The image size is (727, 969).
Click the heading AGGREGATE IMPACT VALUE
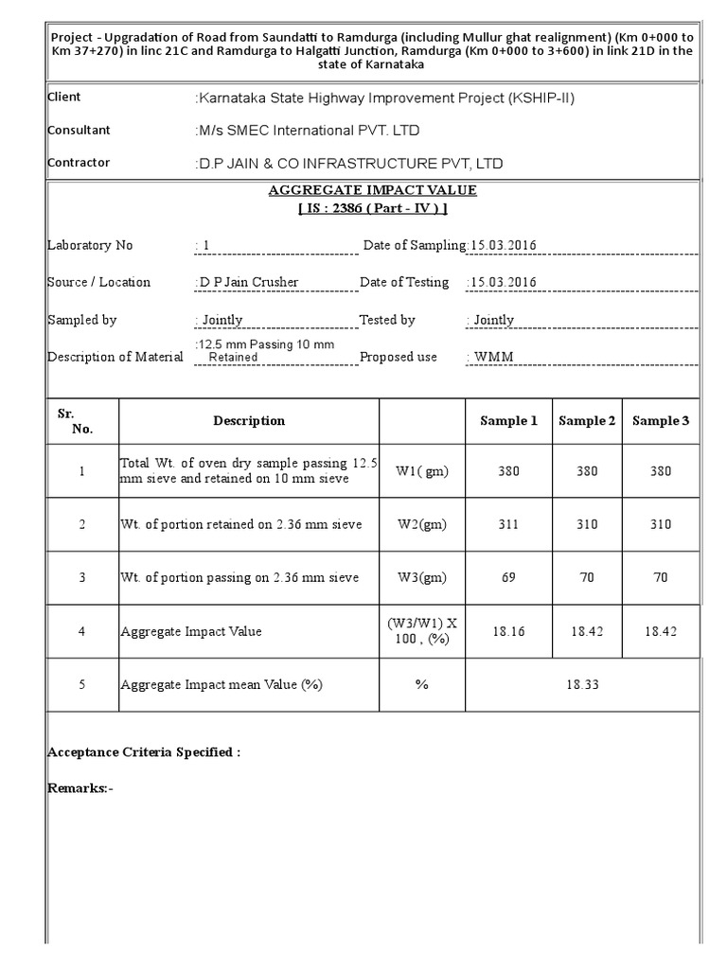[x=372, y=190]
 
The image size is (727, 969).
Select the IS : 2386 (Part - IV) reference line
[x=372, y=208]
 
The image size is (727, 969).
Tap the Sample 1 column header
[x=508, y=421]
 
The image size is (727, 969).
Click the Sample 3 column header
[x=661, y=421]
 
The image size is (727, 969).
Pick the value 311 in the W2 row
[x=508, y=524]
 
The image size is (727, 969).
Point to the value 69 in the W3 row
[x=508, y=577]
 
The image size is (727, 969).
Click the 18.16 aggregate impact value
[x=508, y=631]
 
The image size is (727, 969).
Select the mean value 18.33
[x=583, y=684]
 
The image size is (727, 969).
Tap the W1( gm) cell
[x=422, y=471]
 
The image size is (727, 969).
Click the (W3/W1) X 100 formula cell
[x=422, y=631]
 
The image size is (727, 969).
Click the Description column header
[x=249, y=421]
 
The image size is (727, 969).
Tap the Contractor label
[x=79, y=163]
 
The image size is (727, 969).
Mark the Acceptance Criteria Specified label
[x=144, y=752]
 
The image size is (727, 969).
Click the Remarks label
[x=80, y=787]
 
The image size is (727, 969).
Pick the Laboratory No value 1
[x=204, y=246]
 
